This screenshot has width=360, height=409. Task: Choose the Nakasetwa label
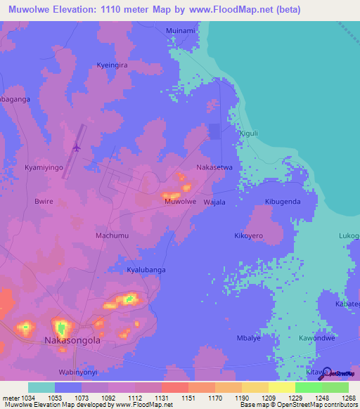[x=214, y=168]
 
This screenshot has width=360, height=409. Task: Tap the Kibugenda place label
[x=283, y=202]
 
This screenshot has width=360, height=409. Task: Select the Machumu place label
[x=111, y=235]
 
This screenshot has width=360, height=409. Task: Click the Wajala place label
[x=214, y=202]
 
